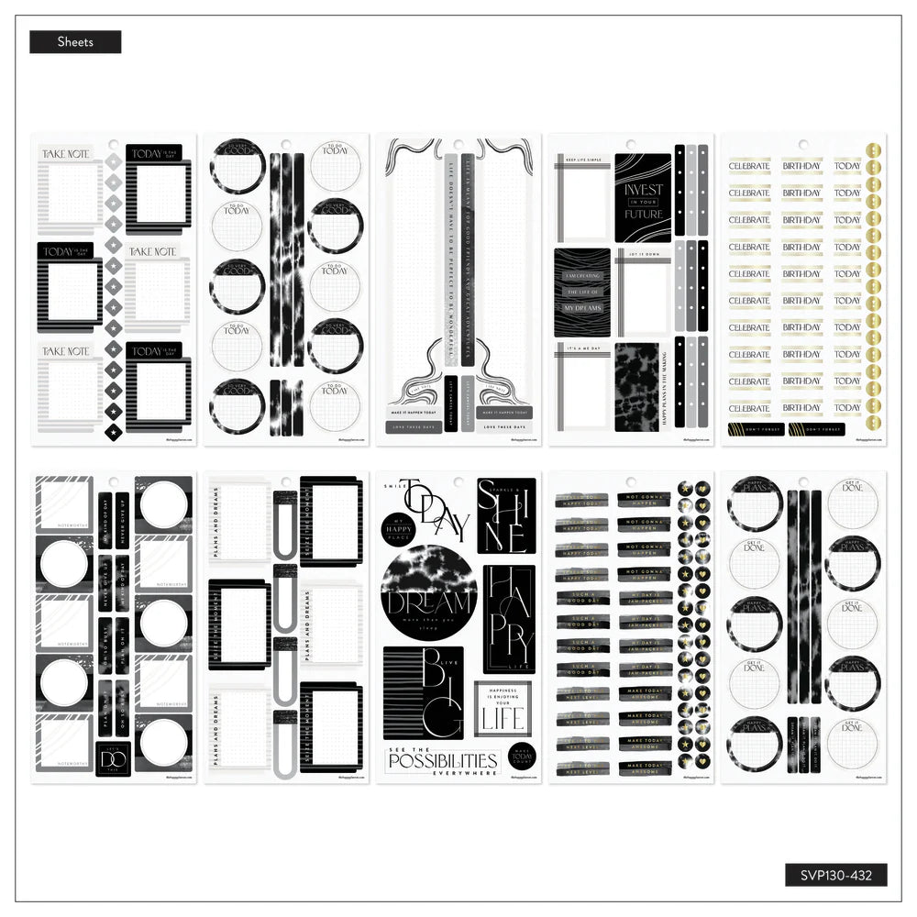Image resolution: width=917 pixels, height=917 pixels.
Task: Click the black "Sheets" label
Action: click(75, 42)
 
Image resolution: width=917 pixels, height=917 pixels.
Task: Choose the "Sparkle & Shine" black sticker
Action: click(505, 515)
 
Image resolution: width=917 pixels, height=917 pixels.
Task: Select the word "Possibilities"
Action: click(442, 761)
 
